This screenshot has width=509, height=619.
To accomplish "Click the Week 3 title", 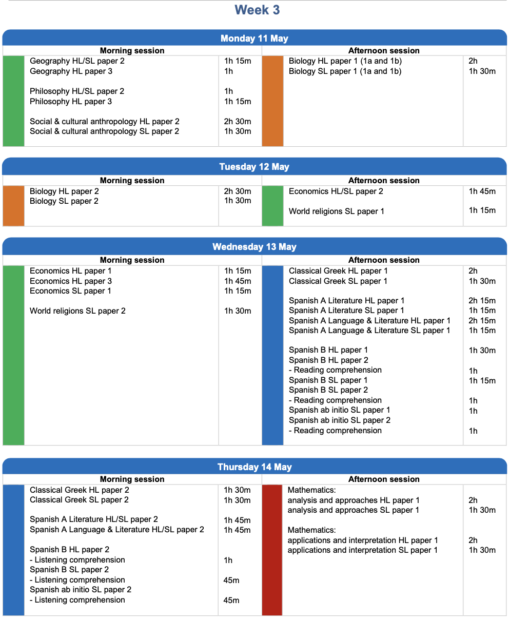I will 257,10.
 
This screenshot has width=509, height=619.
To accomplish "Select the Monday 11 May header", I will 254,38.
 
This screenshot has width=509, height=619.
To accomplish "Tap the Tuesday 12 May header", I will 254,167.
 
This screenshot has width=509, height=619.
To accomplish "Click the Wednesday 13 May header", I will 254,247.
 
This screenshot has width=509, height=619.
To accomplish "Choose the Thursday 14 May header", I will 254,467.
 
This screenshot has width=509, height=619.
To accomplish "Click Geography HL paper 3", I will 71,71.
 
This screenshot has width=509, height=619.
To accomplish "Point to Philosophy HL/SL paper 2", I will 77,91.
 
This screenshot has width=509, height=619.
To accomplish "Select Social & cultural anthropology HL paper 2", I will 105,122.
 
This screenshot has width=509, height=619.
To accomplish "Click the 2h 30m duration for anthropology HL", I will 238,122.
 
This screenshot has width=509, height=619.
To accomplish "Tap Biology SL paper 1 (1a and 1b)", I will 345,71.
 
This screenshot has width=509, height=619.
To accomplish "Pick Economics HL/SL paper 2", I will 336,191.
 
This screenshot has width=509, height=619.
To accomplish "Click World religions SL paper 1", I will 336,211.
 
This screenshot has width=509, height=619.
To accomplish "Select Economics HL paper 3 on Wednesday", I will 71,281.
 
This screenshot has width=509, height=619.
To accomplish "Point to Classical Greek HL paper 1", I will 338,271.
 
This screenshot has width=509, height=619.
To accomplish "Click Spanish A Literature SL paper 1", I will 346,311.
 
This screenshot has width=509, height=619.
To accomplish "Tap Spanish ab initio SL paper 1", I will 339,410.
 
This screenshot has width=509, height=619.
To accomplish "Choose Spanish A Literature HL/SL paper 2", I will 94,520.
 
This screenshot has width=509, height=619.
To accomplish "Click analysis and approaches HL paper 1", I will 354,500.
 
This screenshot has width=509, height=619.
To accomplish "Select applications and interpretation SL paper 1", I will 362,550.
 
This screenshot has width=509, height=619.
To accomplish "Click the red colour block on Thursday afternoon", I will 272,550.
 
